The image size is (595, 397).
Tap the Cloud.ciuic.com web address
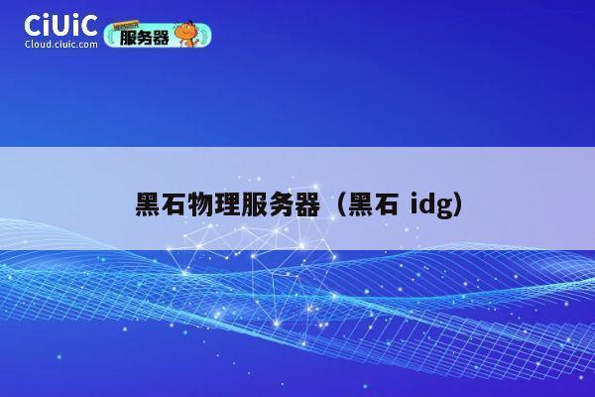click(x=60, y=45)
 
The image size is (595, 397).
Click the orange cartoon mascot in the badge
click(x=185, y=36)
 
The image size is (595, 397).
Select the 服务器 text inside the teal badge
click(x=144, y=38)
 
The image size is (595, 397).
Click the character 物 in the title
click(x=201, y=206)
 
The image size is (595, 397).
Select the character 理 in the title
click(x=227, y=206)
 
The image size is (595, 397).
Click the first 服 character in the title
click(x=254, y=206)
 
